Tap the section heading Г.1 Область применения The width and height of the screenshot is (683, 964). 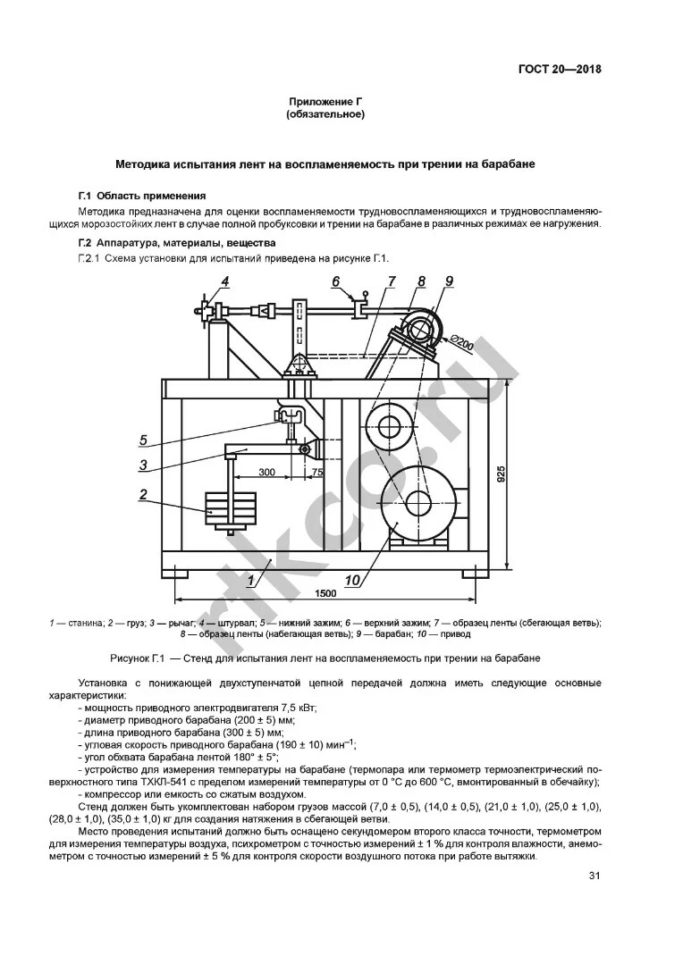(142, 195)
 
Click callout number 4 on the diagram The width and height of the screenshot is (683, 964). (225, 281)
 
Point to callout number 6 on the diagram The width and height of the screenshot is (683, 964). (336, 281)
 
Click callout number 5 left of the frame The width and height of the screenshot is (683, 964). (142, 439)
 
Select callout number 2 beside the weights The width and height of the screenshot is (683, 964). (142, 493)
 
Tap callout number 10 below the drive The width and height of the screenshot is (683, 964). (351, 581)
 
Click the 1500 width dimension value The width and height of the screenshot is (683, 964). (326, 593)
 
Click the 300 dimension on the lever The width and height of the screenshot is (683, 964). (266, 471)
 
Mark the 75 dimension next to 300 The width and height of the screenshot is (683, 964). (317, 471)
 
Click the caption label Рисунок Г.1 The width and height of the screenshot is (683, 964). (139, 658)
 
